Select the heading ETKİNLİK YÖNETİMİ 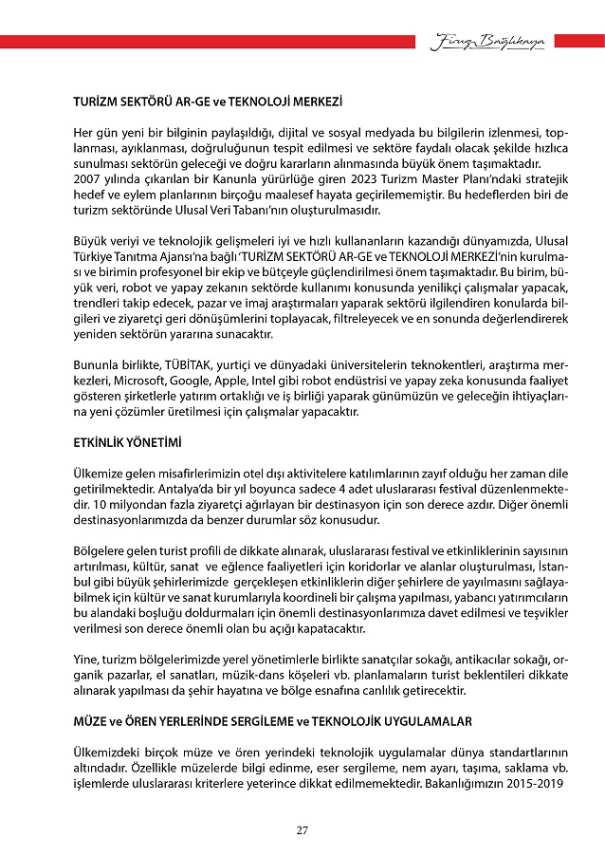(127, 443)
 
